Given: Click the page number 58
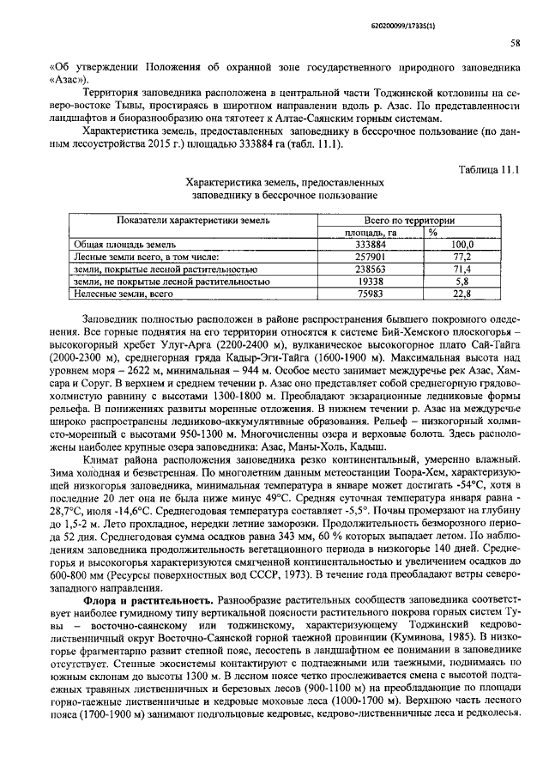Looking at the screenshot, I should point(515,42).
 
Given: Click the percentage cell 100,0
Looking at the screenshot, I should point(462,245).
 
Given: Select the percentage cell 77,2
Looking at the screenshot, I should point(462,257).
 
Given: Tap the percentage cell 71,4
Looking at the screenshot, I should point(462,269).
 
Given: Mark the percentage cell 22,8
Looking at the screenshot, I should point(462,294).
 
